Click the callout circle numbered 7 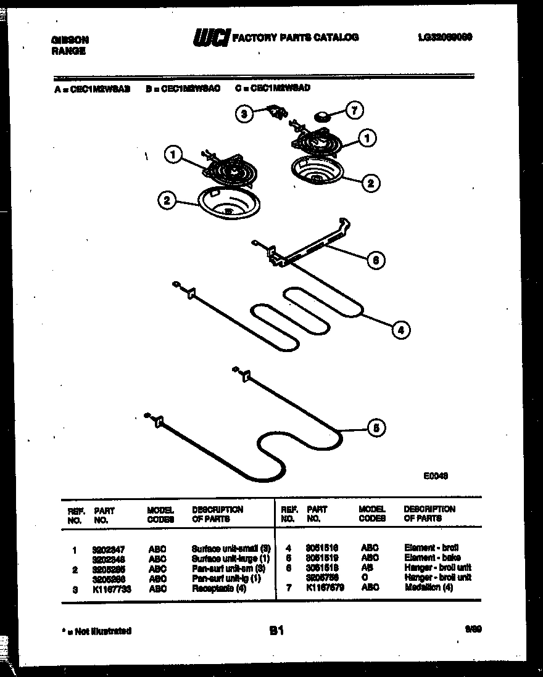pyautogui.click(x=354, y=111)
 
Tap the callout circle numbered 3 pyautogui.click(x=244, y=113)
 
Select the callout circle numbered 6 pyautogui.click(x=375, y=260)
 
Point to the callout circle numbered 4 pyautogui.click(x=400, y=330)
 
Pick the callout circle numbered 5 pyautogui.click(x=376, y=429)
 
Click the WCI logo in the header pyautogui.click(x=211, y=38)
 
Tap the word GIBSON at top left pyautogui.click(x=69, y=39)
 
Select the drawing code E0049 pyautogui.click(x=436, y=475)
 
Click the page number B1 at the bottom pyautogui.click(x=276, y=631)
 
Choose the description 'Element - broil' pyautogui.click(x=431, y=548)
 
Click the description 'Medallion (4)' pyautogui.click(x=429, y=588)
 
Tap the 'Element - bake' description pyautogui.click(x=432, y=557)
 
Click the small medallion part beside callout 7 pyautogui.click(x=322, y=116)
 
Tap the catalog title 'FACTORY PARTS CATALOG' pyautogui.click(x=294, y=38)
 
